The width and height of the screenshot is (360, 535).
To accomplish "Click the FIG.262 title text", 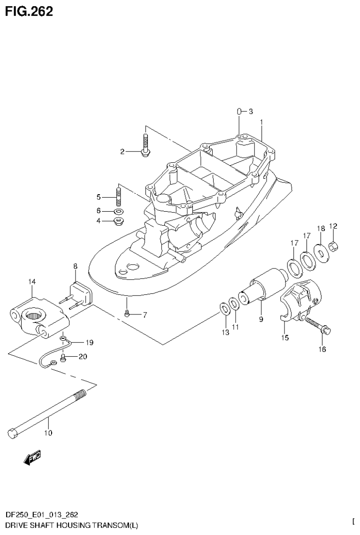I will point(29,11).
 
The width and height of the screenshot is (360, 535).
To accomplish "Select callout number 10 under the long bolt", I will point(48,433).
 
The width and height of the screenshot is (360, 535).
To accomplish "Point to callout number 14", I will point(31,282).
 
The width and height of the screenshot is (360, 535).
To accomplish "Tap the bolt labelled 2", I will point(145,144).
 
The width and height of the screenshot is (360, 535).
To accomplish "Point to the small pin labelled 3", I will point(239,112).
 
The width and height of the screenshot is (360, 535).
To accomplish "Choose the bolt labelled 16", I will point(318,327).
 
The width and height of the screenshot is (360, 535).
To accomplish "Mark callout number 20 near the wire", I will point(83,357).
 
